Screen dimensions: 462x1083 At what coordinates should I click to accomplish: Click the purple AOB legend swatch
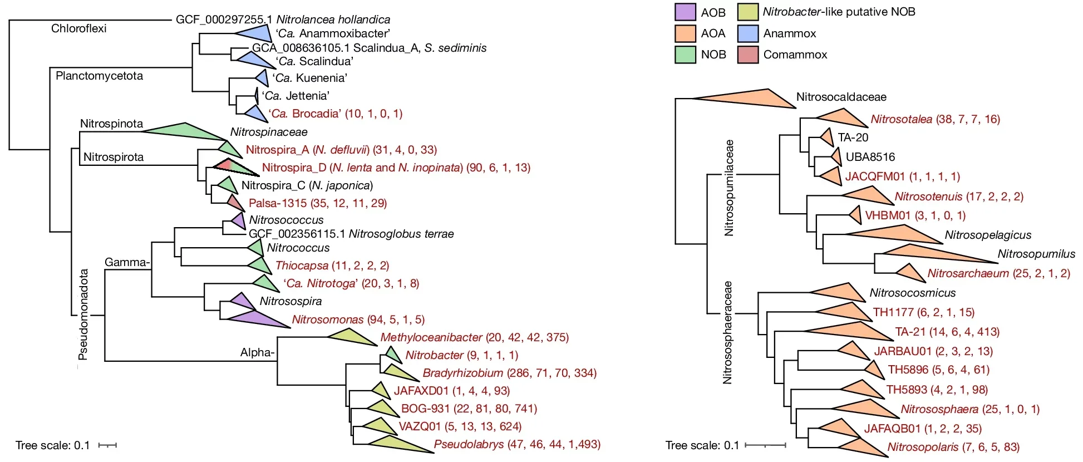(x=685, y=12)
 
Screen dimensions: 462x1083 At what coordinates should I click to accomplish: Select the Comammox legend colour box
(x=748, y=55)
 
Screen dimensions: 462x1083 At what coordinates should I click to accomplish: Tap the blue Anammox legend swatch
(x=748, y=33)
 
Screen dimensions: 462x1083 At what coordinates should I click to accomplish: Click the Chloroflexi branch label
(x=78, y=28)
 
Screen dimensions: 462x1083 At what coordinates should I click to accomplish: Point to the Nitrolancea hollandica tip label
(x=283, y=19)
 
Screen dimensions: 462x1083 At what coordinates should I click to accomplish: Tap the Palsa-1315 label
(x=317, y=203)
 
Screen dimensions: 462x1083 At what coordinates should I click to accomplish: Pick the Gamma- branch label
(x=127, y=262)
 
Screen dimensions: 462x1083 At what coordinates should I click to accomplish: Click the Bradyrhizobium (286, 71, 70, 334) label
(x=509, y=373)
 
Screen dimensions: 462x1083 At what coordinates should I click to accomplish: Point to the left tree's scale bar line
(x=107, y=445)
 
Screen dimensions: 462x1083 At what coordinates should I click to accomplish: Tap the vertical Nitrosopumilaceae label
(x=729, y=188)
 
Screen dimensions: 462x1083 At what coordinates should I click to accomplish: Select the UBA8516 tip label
(x=870, y=157)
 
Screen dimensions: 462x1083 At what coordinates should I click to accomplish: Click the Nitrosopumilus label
(x=1036, y=254)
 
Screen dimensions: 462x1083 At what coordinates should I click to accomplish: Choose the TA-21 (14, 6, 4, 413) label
(x=947, y=332)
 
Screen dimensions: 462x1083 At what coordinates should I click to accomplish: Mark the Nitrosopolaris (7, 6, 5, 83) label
(x=953, y=447)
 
